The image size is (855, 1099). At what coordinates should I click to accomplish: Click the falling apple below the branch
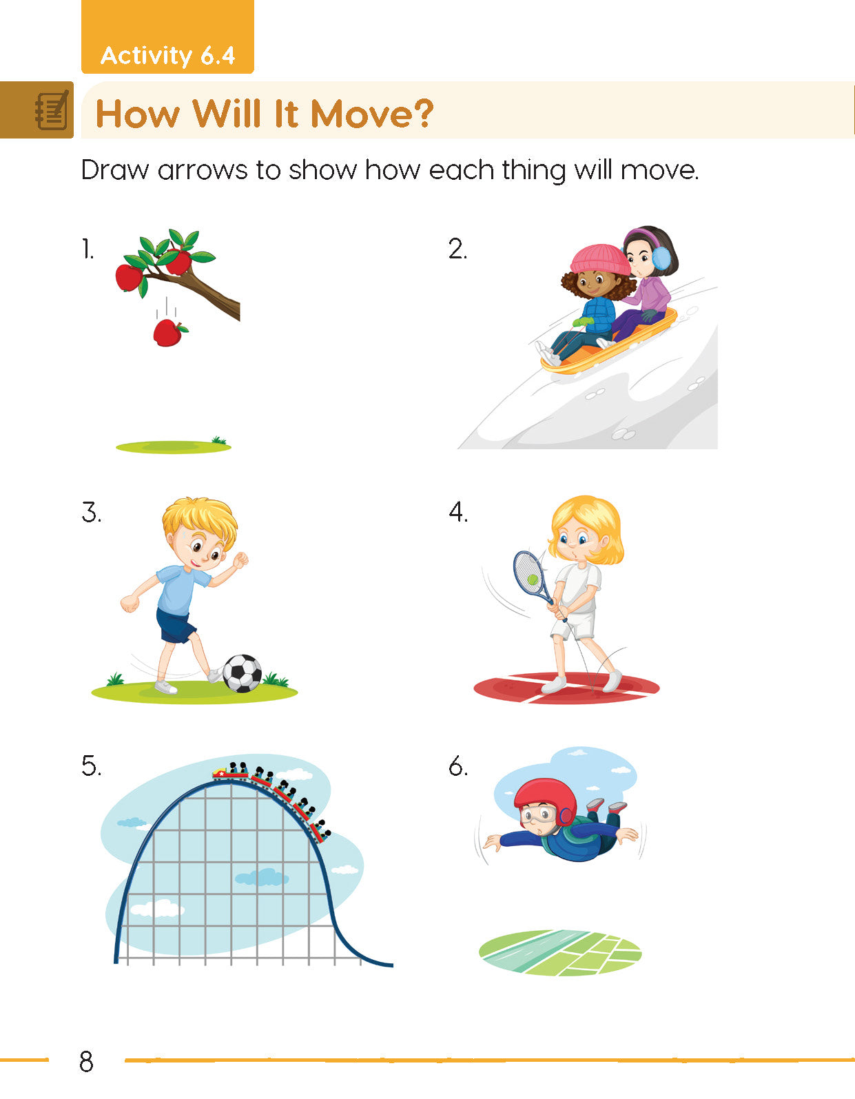point(168,333)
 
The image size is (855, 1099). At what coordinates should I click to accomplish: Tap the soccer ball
point(243,672)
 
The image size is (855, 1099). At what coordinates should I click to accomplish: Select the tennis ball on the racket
point(533,579)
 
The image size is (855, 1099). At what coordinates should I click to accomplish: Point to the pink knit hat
point(598,259)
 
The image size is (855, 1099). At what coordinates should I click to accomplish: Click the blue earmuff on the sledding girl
point(661,258)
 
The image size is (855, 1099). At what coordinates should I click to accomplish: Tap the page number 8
point(86,1062)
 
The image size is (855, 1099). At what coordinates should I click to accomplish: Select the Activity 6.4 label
point(167,55)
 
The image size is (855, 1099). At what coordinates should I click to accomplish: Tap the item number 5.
point(91,766)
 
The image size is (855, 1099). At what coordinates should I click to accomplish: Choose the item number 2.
point(457,249)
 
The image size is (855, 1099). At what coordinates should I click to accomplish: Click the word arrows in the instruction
point(202,170)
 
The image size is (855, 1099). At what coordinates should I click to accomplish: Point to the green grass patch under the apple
point(172,447)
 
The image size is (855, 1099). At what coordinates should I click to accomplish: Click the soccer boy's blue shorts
point(175,626)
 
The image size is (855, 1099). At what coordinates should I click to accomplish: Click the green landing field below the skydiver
point(560,952)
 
